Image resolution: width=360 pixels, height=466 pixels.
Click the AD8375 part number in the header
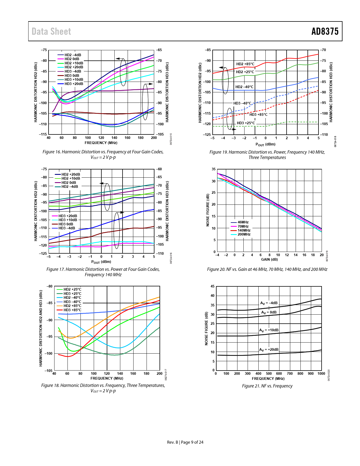click(x=325, y=31)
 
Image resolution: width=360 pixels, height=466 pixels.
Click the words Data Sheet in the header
click(x=51, y=31)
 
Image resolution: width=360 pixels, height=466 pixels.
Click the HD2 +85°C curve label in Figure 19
click(x=245, y=64)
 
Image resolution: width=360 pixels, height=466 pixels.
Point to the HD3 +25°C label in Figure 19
click(x=246, y=123)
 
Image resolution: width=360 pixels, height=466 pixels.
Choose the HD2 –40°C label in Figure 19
click(x=244, y=87)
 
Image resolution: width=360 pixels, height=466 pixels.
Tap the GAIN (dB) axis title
click(x=269, y=260)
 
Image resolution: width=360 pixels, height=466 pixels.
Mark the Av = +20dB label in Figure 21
click(x=269, y=350)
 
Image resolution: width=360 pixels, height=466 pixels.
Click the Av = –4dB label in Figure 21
click(x=269, y=303)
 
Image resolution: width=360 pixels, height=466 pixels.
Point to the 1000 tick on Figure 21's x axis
click(x=321, y=374)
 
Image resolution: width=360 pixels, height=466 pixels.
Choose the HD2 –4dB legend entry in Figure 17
click(x=69, y=187)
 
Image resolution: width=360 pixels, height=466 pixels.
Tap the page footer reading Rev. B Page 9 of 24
click(x=185, y=442)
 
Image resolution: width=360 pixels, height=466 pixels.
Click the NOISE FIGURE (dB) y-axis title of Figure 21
click(x=206, y=328)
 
